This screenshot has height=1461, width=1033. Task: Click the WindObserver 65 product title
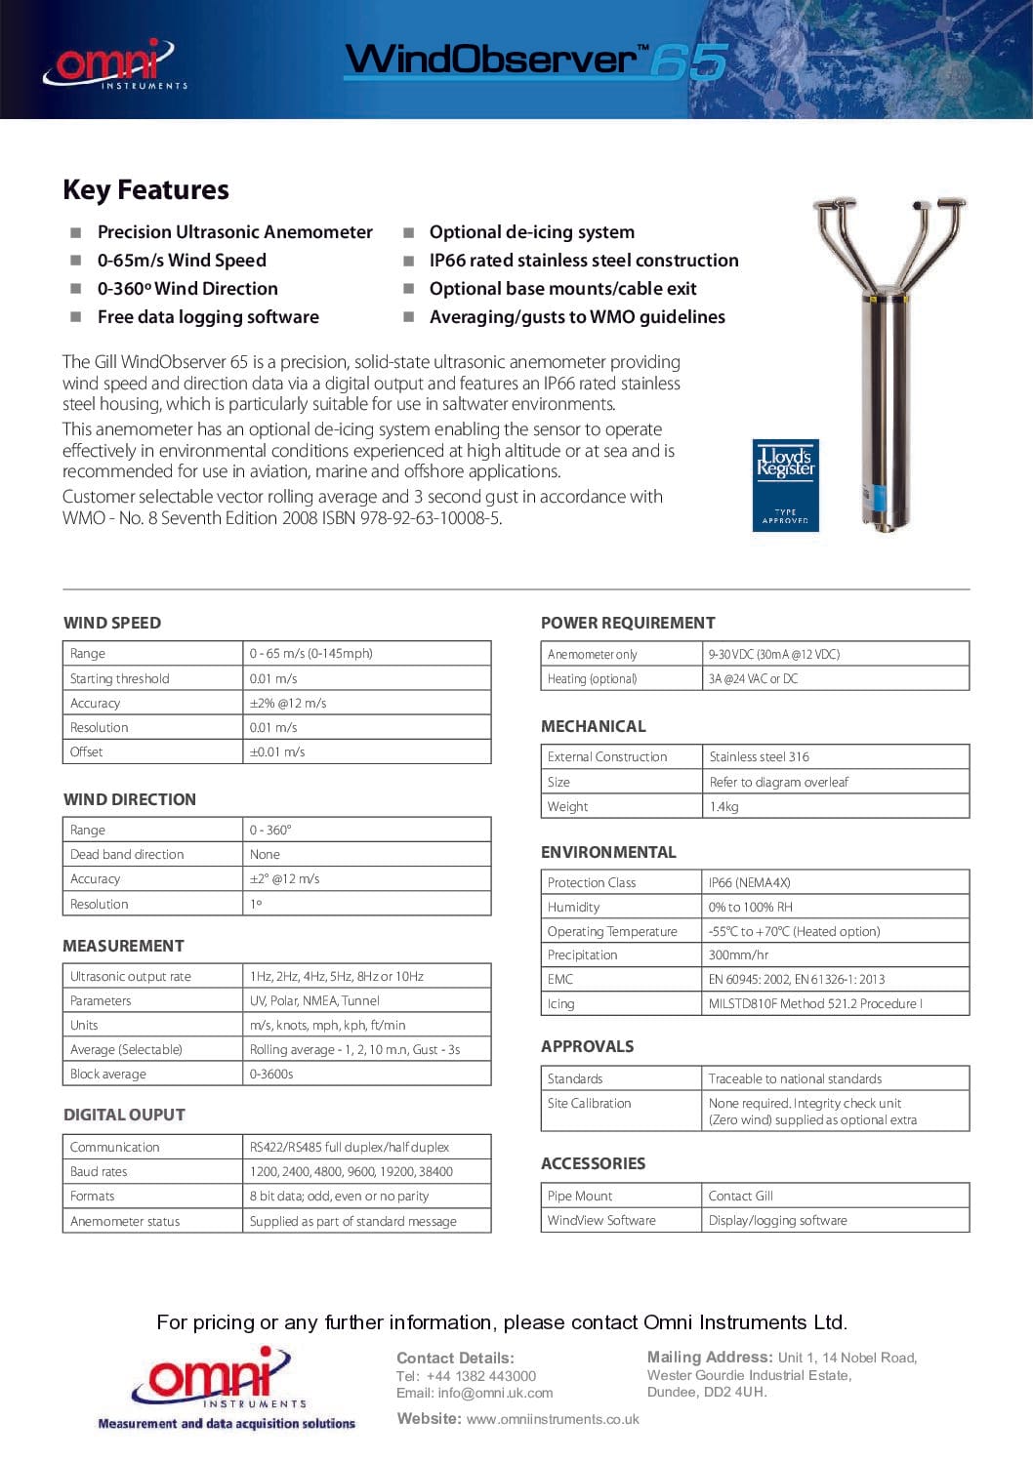536,61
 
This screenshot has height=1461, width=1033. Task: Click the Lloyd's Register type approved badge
785,485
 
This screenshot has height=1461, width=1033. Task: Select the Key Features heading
145,189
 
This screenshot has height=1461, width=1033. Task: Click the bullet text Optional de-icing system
531,232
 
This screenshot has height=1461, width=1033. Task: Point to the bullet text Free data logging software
208,317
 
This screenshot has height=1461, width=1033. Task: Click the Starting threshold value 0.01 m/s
273,678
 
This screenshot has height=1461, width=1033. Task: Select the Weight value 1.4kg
723,807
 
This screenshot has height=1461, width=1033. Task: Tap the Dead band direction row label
127,855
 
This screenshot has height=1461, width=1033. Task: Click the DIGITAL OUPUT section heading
124,1115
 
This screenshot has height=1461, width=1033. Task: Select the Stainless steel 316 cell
759,757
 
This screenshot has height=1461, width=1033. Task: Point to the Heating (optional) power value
753,679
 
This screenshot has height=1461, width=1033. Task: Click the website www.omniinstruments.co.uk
553,1419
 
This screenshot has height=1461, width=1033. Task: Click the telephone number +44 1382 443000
480,1376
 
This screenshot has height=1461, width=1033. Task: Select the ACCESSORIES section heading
593,1163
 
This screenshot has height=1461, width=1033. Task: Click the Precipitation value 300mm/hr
738,955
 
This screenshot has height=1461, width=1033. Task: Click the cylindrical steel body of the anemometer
886,410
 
